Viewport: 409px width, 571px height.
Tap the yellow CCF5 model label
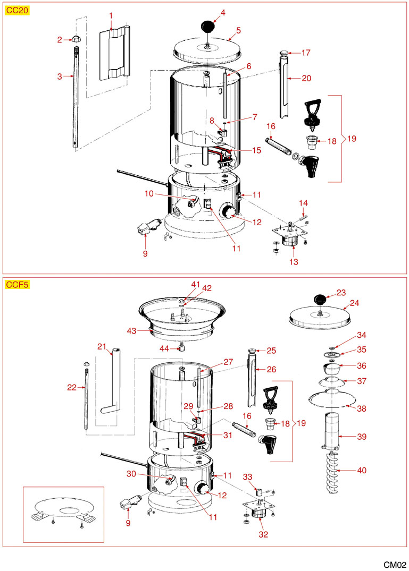(17, 284)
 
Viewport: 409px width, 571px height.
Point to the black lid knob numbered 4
(208, 26)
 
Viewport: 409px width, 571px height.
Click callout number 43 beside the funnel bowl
(131, 330)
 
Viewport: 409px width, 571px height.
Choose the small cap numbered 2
(76, 38)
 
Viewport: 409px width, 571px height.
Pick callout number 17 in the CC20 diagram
(306, 53)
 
